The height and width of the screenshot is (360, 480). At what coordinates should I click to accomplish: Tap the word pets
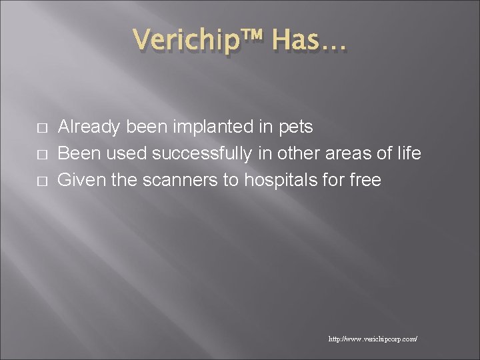pos(295,127)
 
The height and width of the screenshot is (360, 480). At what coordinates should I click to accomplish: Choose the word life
pos(407,153)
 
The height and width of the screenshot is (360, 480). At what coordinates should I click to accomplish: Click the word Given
pos(79,180)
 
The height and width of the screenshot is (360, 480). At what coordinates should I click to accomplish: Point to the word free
pos(366,180)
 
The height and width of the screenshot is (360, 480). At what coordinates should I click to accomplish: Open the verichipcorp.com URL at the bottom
pos(373,339)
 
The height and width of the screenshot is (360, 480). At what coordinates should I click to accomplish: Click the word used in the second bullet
pos(123,154)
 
